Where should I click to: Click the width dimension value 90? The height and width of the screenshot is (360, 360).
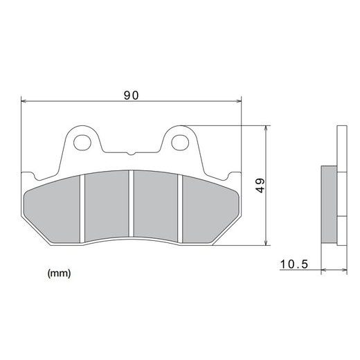tap(131, 95)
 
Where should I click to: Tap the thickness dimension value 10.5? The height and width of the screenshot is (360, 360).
tap(294, 264)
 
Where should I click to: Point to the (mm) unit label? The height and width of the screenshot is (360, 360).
tap(59, 273)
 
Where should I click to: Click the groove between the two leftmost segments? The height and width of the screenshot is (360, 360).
tap(82, 208)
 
